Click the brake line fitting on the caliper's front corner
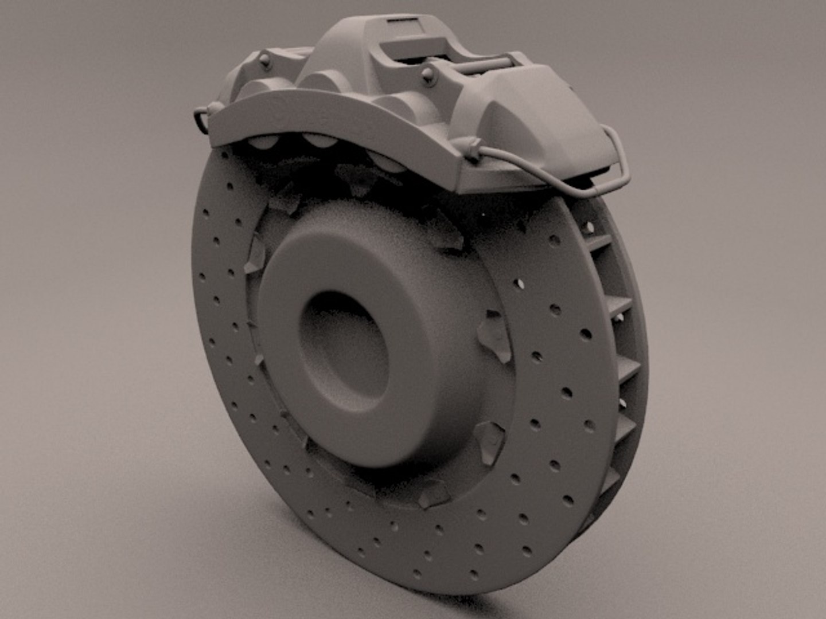[x=473, y=148]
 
